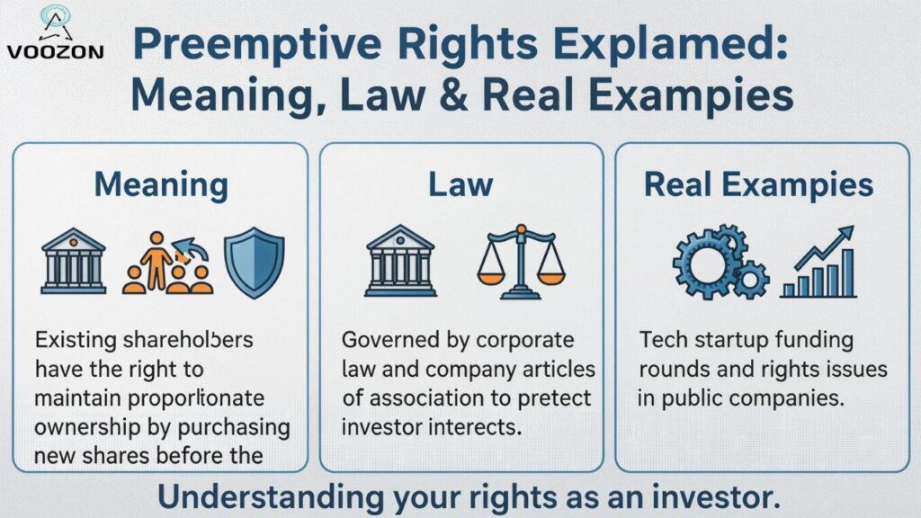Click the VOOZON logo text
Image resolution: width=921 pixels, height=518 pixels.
(55, 51)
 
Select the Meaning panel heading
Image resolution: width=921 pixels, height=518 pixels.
(161, 185)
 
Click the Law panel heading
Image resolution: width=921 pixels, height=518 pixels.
(460, 185)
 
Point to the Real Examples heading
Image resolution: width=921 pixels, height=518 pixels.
(758, 185)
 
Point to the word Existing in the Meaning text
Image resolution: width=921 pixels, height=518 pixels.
(75, 342)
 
